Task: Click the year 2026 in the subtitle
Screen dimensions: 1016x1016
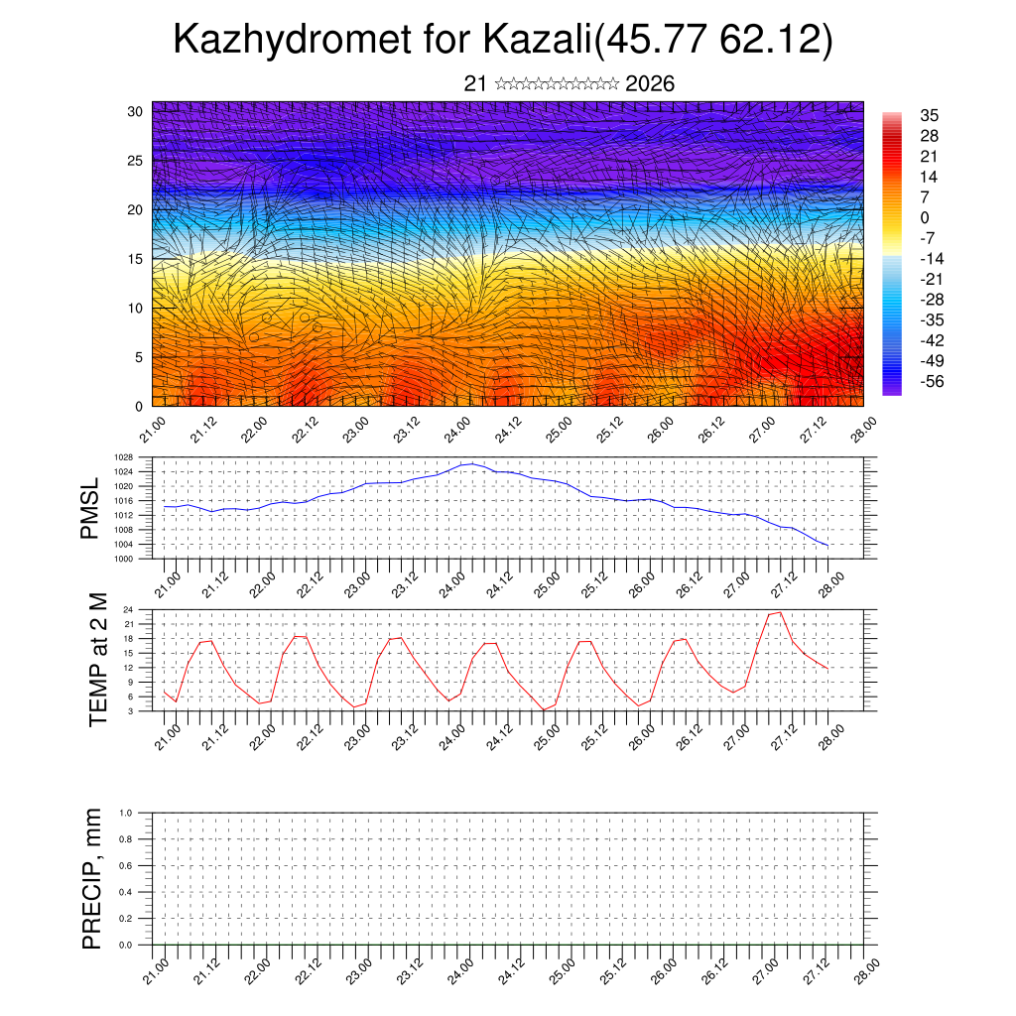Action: (x=650, y=83)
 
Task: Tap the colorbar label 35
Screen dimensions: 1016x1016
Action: (x=930, y=115)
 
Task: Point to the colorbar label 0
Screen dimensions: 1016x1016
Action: (x=926, y=217)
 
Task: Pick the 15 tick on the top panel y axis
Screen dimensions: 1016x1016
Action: (x=137, y=259)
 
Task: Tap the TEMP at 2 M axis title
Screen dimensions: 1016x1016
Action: (x=98, y=659)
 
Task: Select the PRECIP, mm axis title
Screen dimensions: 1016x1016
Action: (x=92, y=879)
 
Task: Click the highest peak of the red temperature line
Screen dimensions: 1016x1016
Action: (x=780, y=612)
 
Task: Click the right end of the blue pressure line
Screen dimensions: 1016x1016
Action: (x=827, y=546)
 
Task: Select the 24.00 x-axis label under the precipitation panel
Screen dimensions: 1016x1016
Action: (x=459, y=968)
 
